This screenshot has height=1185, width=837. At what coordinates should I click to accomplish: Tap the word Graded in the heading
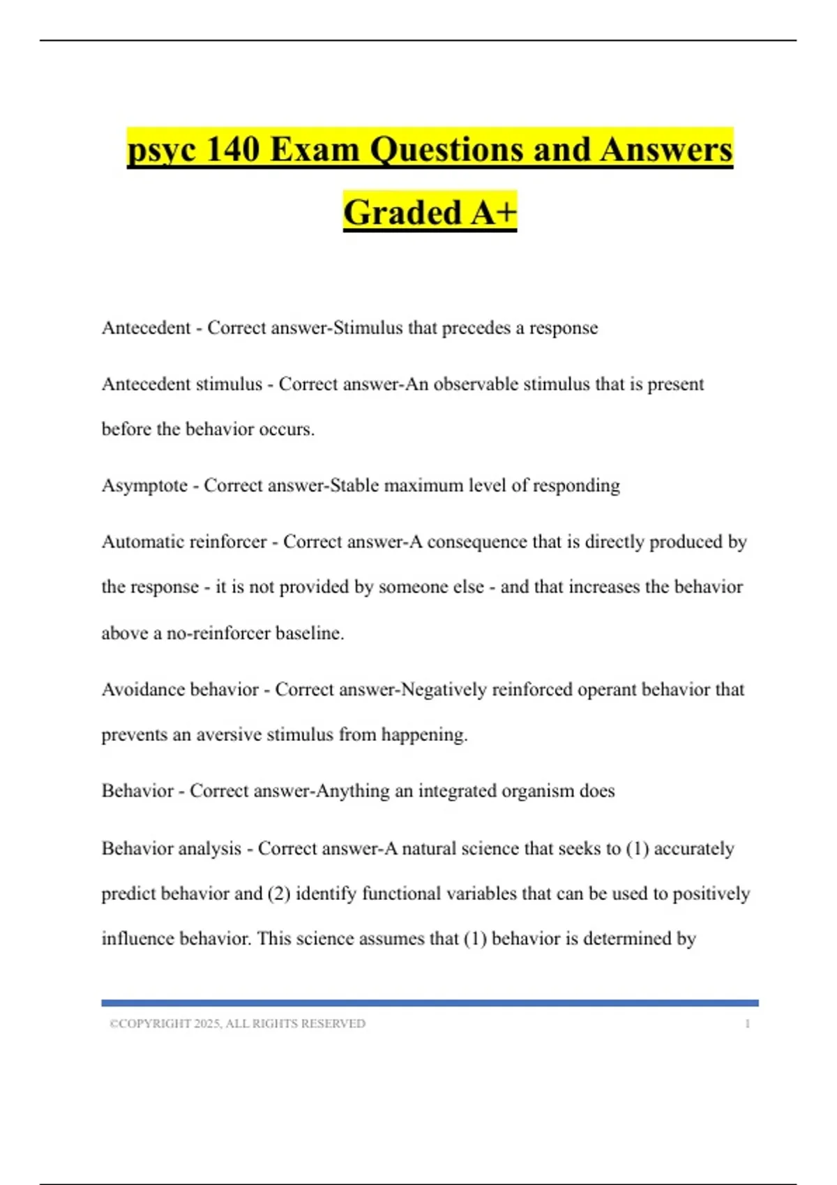click(x=402, y=213)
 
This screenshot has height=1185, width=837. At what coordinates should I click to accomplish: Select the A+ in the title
click(x=492, y=213)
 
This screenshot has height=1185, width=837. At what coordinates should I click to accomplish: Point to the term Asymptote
click(x=144, y=485)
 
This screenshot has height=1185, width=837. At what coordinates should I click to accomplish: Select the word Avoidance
click(x=144, y=689)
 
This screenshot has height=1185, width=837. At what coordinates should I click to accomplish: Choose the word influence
click(x=138, y=938)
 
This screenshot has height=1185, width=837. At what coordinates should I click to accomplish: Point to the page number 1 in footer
click(x=747, y=1024)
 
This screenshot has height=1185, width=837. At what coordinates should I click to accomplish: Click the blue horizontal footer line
click(x=430, y=1003)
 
